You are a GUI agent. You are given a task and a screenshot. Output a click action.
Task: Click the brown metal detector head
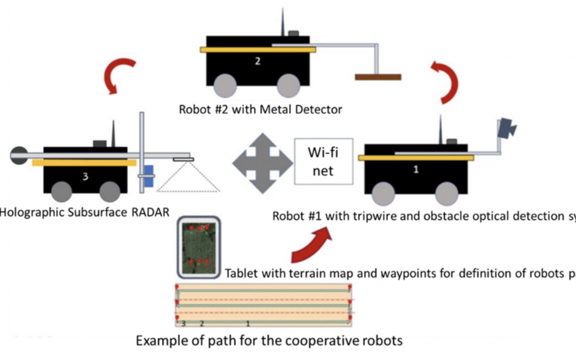click(x=378, y=77)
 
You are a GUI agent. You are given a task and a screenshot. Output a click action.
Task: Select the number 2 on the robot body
click(x=258, y=61)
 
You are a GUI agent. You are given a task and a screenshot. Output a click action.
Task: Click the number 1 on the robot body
click(x=416, y=170)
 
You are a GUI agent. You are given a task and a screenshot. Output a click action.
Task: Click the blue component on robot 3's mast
click(x=149, y=176)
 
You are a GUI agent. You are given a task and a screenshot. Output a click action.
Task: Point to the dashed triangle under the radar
click(x=189, y=176)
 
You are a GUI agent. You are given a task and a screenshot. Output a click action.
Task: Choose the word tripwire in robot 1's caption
click(x=366, y=216)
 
